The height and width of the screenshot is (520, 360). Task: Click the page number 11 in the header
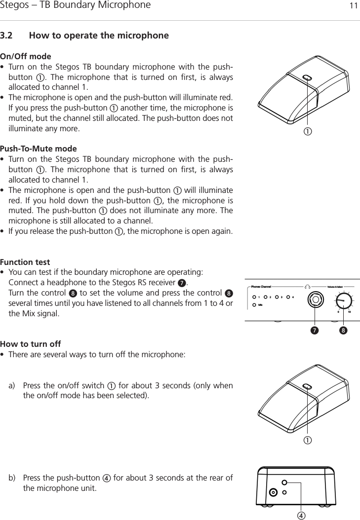[x=353, y=6]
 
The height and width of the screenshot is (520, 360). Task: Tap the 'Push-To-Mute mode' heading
[x=39, y=149]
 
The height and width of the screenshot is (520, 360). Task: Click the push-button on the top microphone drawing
[x=306, y=77]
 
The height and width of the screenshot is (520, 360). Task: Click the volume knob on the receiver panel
[x=344, y=300]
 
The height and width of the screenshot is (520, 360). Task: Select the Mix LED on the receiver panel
[x=254, y=305]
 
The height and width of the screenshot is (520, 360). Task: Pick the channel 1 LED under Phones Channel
[x=254, y=297]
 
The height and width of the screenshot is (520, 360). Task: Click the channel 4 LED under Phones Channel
[x=288, y=297]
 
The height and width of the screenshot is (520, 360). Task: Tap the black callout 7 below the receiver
[x=314, y=329]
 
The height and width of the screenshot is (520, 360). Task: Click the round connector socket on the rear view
[x=273, y=492]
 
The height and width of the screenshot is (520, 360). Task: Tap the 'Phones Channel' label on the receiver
[x=261, y=286]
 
